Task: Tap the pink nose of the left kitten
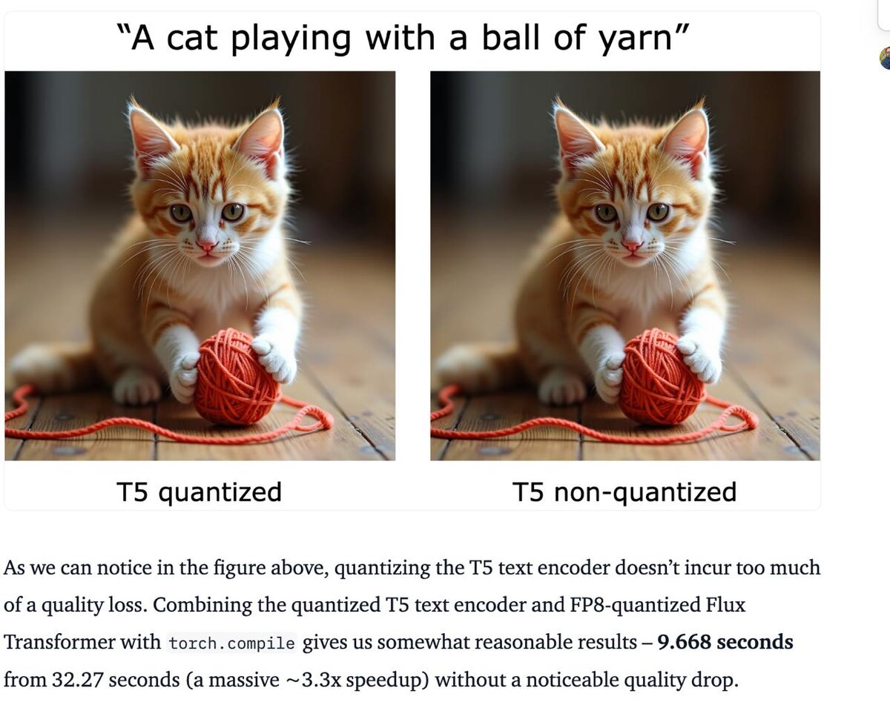(207, 245)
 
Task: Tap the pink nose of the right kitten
(632, 245)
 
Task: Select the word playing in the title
(291, 39)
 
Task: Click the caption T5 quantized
(200, 492)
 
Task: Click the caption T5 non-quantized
(624, 492)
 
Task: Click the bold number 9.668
(684, 642)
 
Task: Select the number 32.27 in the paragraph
(77, 680)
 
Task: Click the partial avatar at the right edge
(885, 58)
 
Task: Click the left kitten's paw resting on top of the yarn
(274, 359)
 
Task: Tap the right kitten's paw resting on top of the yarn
(699, 359)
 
